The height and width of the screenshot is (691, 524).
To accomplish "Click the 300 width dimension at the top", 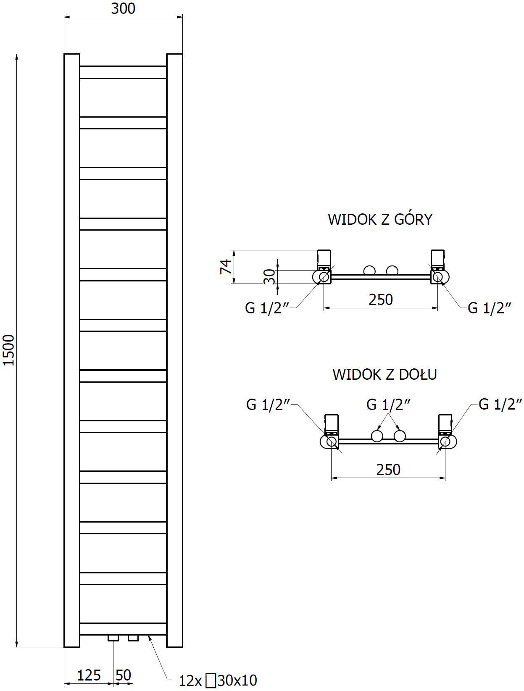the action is pos(123,8).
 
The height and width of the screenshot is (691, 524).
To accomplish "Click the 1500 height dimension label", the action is pos(9,350).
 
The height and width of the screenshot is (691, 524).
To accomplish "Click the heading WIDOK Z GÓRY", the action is pos(380,219).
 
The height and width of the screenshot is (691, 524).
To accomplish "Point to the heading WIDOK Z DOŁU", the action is pos(384,374).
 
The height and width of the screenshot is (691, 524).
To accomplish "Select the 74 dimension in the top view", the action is pos(226,267).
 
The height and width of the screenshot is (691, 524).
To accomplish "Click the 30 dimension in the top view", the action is pos(269,276).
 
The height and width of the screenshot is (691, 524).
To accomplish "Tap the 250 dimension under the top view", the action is pos(381,300).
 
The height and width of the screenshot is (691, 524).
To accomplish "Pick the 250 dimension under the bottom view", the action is pos(388,470).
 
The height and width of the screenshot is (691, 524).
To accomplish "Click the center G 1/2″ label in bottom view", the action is pos(388,405).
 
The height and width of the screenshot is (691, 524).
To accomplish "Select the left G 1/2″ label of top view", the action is pos(267,308).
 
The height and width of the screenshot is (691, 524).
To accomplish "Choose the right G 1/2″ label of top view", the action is pos(490,308).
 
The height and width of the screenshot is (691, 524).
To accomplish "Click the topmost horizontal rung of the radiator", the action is pos(123,72).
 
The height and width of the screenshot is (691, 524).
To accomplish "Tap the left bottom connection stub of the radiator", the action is pos(113,638).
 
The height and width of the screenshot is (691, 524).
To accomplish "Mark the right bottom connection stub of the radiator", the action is pos(133,638).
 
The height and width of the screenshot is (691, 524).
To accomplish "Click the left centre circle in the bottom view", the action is pos(377,436).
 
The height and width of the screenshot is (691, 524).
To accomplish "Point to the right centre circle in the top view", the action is pos(392,271).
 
